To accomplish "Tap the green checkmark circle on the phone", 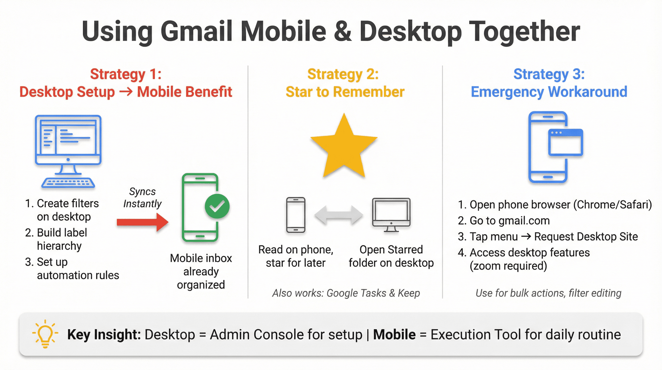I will click(x=217, y=206).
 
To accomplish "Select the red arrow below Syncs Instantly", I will click(x=142, y=222).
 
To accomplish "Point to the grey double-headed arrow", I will click(x=338, y=215).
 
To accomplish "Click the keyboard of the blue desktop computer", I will click(x=68, y=183).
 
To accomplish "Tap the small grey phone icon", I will click(x=296, y=215).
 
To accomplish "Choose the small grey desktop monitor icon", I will click(x=391, y=214).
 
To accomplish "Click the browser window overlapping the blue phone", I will click(x=565, y=142).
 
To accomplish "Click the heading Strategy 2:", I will click(x=343, y=74).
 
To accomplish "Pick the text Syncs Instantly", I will click(x=142, y=197).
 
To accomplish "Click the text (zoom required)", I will click(x=508, y=266).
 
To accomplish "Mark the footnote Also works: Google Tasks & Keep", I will click(x=346, y=293).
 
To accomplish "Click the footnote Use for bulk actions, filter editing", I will click(x=548, y=293).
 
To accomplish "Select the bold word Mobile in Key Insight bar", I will click(x=394, y=334).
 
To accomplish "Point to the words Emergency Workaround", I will click(x=549, y=92).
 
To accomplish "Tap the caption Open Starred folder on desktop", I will click(x=391, y=256).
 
